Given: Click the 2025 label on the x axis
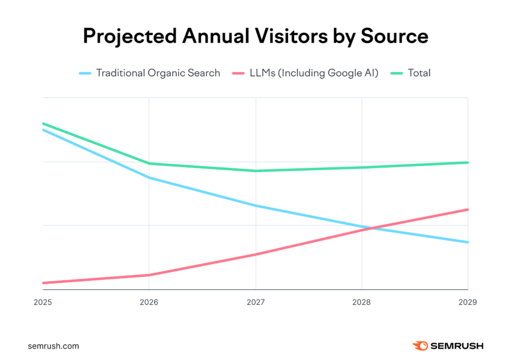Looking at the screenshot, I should [x=43, y=302].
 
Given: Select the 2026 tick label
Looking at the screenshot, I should [x=149, y=302].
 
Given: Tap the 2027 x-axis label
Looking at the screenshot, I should [x=255, y=302].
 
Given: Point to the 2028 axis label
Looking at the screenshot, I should [x=362, y=302].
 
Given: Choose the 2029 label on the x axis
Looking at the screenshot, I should [x=467, y=302].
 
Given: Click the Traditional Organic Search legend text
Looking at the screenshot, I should [x=158, y=73].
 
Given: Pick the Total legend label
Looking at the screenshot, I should [x=419, y=73].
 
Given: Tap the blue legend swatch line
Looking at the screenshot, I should [x=85, y=73].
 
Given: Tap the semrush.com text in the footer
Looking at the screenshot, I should [x=54, y=346].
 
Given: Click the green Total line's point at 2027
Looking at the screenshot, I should [x=255, y=171].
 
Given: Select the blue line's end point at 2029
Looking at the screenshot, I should [x=468, y=242].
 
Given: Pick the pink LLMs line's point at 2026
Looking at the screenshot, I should [x=149, y=275].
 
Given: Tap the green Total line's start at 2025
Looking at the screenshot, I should [x=43, y=123].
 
